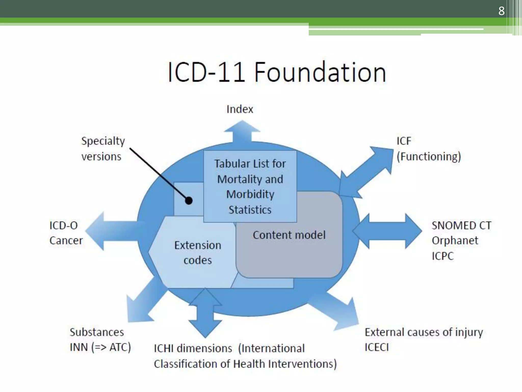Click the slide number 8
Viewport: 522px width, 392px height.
coord(501,11)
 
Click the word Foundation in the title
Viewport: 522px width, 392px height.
coord(320,72)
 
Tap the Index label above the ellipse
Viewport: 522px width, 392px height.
coord(240,109)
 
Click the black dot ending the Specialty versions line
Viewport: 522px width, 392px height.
coord(189,201)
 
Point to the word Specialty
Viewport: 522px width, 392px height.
coord(103,141)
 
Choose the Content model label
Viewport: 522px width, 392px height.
coord(289,235)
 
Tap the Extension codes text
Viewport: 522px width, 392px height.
coord(198,253)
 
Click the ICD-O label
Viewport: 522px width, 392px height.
coord(63,225)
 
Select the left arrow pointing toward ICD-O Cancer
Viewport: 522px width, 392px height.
coord(110,231)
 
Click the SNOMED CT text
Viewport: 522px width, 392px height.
coord(461,225)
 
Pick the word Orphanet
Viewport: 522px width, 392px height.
coord(455,241)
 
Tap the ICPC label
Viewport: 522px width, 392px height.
coord(443,256)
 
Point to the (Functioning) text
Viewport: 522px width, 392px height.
coord(429,156)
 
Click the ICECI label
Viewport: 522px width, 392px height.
coord(377,347)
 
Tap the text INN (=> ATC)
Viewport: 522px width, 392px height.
coord(100,347)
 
